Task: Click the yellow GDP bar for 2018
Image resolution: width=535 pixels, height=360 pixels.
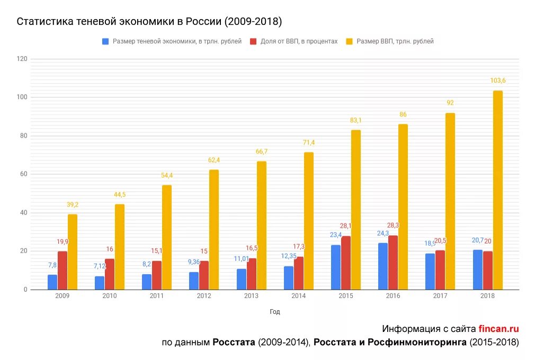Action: (x=497, y=191)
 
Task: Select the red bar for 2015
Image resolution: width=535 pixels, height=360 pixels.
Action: (x=346, y=263)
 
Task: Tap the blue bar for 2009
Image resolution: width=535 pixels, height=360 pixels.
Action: (x=52, y=282)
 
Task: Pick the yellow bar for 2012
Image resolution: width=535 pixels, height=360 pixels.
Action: (x=214, y=230)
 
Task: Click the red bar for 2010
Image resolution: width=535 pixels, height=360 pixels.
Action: (x=110, y=274)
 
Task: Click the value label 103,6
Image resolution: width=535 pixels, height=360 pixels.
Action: (x=498, y=80)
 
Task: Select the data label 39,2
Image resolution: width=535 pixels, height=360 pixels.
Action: (x=73, y=204)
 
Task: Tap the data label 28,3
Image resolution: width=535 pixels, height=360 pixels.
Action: (x=393, y=225)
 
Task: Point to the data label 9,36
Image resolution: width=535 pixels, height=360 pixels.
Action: (x=194, y=262)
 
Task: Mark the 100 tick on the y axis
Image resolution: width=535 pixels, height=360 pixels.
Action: (x=22, y=97)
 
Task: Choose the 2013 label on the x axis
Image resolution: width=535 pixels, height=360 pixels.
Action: (x=252, y=296)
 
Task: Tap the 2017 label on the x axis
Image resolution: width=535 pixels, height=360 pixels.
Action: (x=441, y=296)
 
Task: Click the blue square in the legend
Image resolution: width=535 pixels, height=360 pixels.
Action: (x=105, y=41)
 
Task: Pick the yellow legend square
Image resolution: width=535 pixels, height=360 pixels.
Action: (x=349, y=41)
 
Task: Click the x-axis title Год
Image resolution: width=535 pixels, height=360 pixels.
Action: (x=274, y=312)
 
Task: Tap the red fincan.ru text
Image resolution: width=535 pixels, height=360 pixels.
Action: (x=498, y=329)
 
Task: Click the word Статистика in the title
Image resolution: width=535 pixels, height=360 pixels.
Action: (x=45, y=21)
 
